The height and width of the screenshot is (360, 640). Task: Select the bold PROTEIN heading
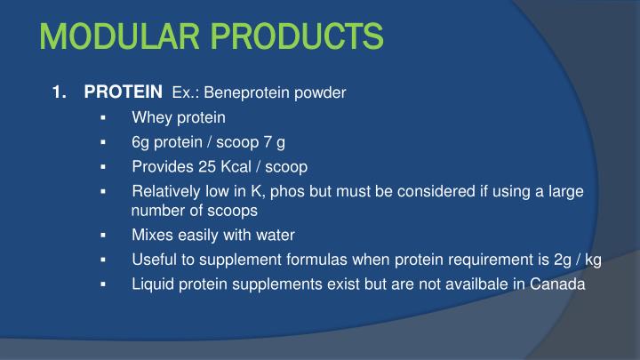point(124,92)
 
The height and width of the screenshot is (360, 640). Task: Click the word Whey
point(151,116)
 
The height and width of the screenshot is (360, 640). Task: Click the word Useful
point(153,260)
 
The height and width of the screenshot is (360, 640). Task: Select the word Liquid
point(152,284)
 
